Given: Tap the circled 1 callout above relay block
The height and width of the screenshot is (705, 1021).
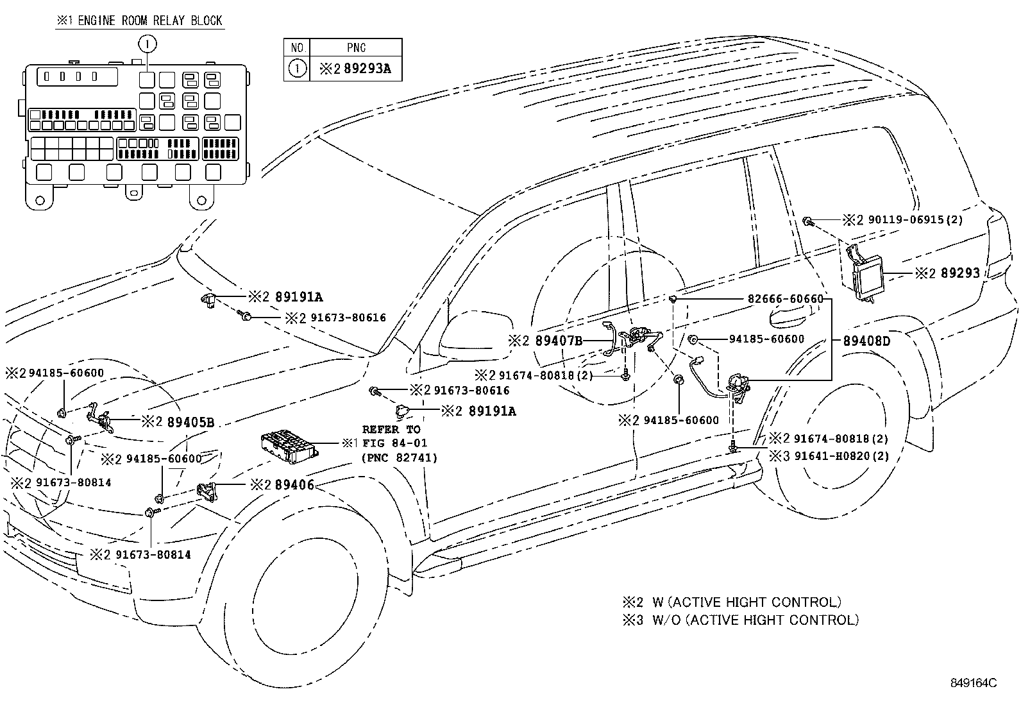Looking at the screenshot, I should click(x=147, y=44).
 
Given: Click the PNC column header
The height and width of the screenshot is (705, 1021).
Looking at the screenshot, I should click(x=356, y=47).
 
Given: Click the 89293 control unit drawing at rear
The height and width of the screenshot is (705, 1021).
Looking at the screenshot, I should click(x=864, y=274).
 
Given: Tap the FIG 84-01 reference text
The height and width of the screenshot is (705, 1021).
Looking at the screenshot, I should click(x=394, y=443).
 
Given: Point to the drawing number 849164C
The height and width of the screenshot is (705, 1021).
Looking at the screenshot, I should click(x=974, y=683).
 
